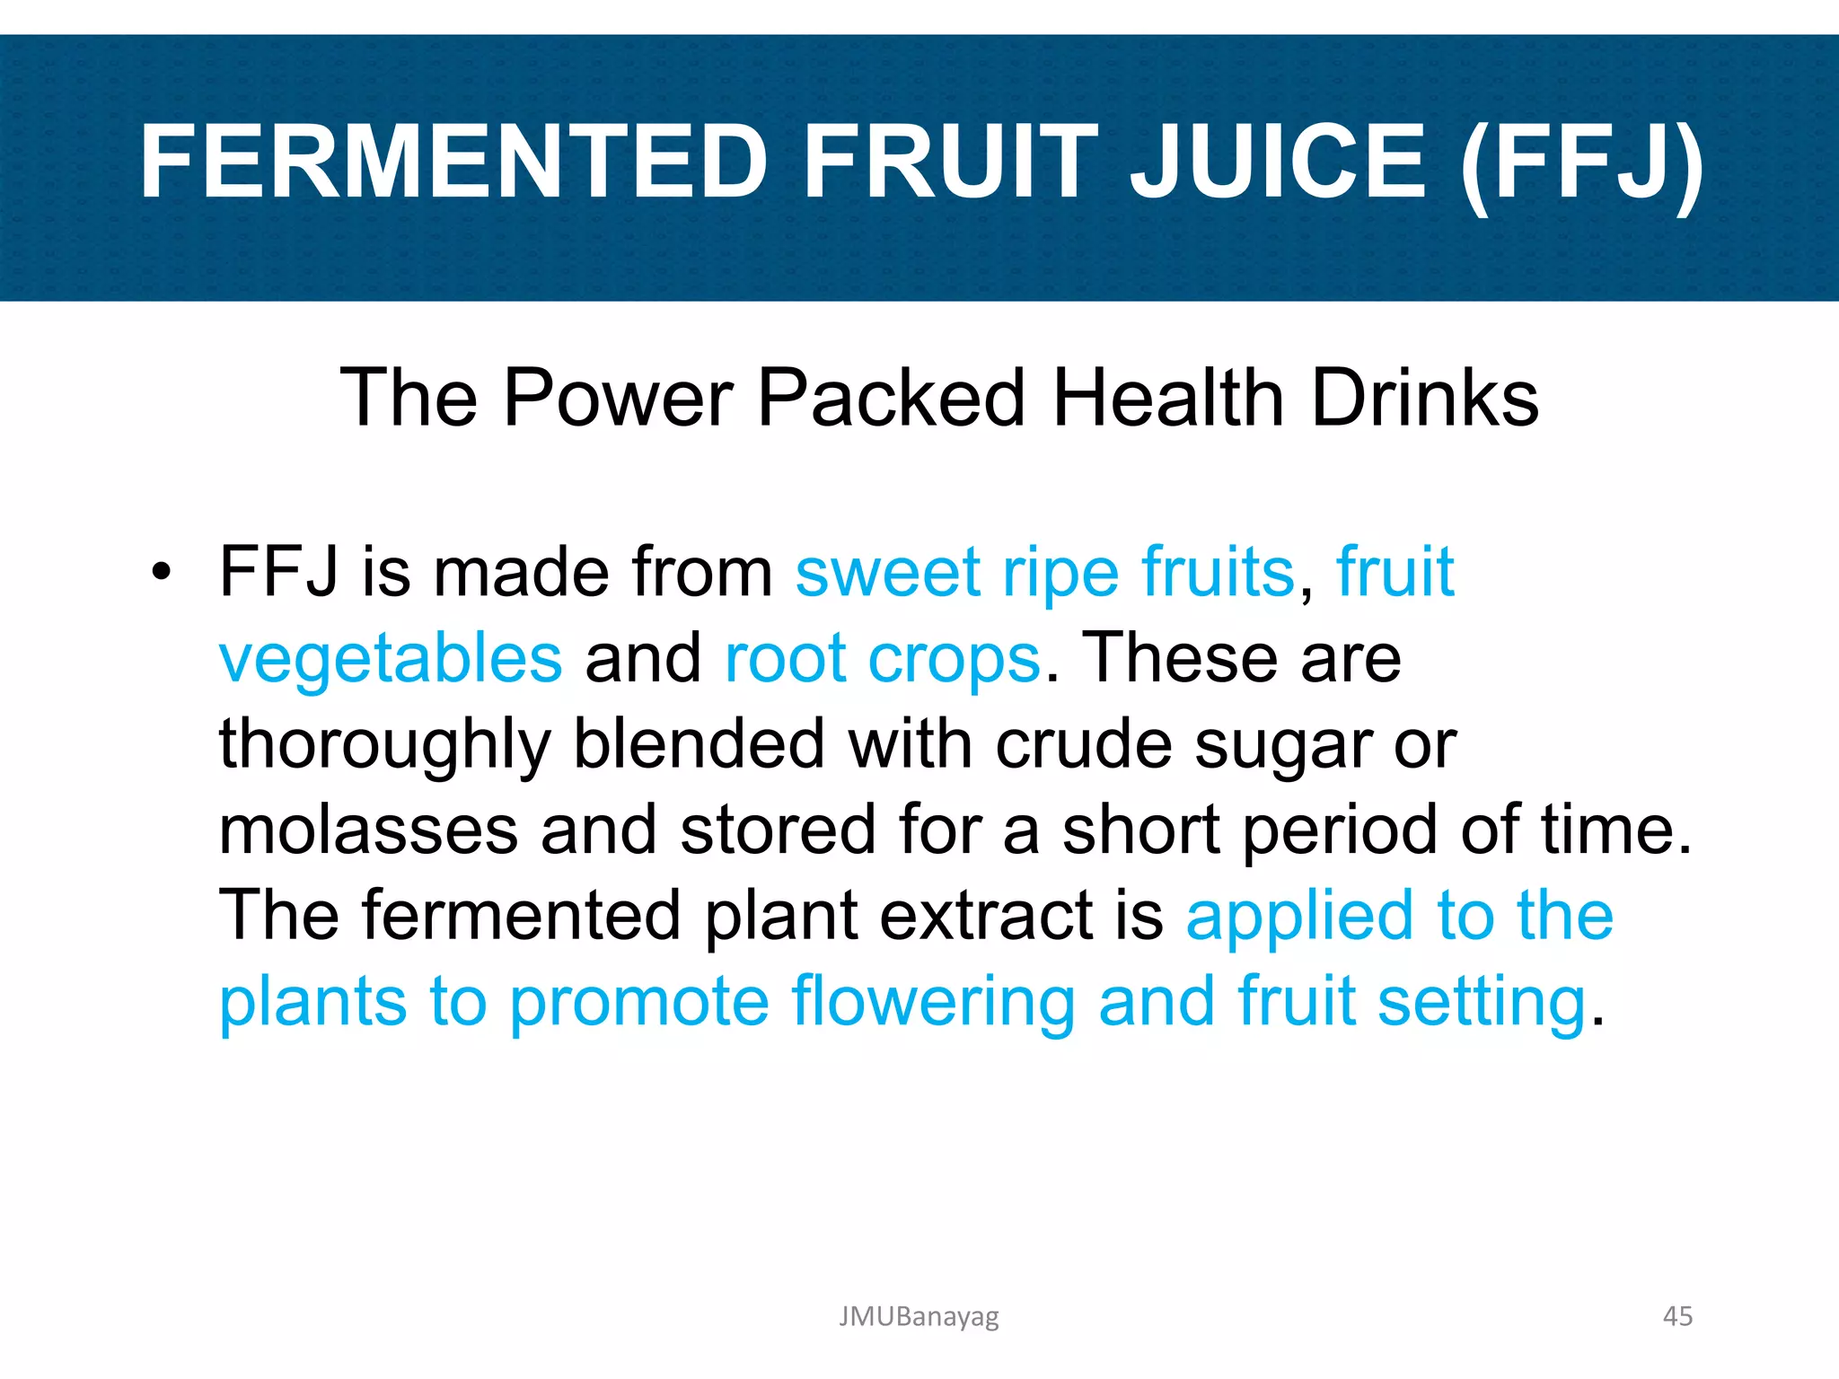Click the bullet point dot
pyautogui.click(x=161, y=572)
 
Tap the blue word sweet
pyautogui.click(x=887, y=572)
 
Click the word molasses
pyautogui.click(x=368, y=830)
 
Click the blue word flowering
pyautogui.click(x=933, y=1004)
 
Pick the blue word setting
pyautogui.click(x=1482, y=1004)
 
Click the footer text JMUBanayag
pyautogui.click(x=919, y=1317)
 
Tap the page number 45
pyautogui.click(x=1677, y=1316)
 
